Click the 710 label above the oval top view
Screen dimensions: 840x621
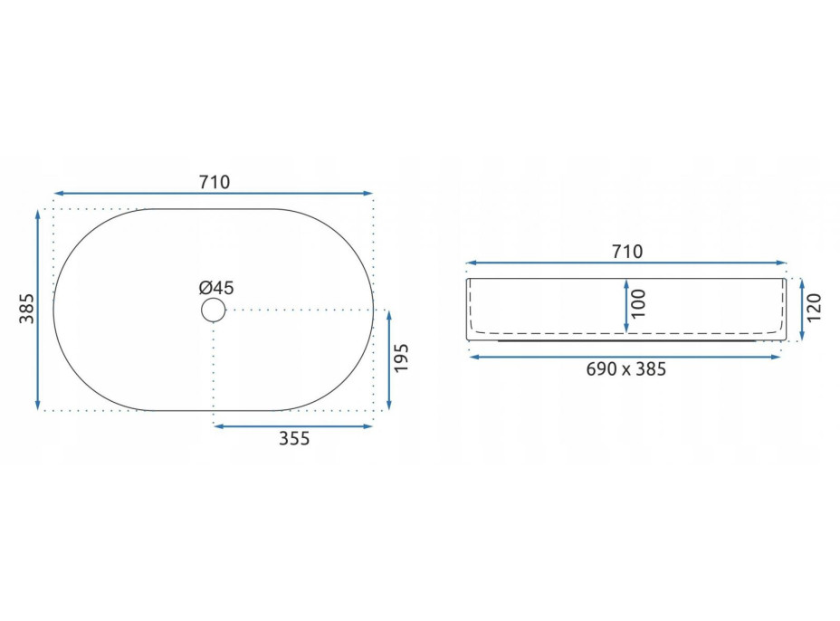215,182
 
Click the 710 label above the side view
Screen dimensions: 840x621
627,252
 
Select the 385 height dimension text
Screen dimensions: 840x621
27,308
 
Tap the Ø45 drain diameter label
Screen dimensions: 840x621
216,288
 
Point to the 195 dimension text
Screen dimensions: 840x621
401,358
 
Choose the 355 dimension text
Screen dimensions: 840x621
294,439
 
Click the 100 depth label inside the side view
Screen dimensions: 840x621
638,304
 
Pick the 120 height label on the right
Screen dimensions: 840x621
814,308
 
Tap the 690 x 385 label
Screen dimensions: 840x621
625,369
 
